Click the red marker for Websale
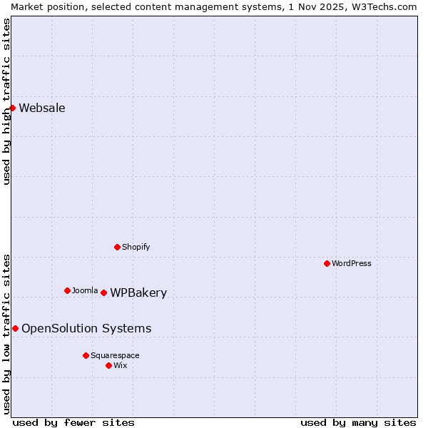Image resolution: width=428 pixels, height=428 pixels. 12,108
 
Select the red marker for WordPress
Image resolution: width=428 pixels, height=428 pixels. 327,263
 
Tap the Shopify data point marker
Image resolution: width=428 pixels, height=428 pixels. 117,247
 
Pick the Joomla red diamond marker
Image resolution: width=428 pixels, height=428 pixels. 67,290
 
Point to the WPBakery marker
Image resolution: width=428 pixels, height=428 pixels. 103,292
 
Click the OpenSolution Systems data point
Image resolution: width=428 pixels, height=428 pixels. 15,328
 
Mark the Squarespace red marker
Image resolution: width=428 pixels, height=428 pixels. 86,355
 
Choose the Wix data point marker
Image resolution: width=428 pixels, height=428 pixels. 108,365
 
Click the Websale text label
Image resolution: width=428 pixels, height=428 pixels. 42,108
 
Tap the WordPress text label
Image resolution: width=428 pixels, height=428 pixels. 352,263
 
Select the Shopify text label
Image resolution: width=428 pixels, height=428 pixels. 136,247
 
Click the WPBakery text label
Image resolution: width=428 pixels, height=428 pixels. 138,293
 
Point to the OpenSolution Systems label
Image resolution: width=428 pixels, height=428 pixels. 86,328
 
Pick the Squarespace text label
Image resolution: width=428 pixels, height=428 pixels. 115,355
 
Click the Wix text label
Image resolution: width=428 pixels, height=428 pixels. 121,365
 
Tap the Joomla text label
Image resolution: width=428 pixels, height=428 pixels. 85,290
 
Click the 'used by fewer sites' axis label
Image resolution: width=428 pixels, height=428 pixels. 73,422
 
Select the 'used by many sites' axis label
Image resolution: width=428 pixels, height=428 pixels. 358,422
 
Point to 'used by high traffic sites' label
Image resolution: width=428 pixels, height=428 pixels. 6,101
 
